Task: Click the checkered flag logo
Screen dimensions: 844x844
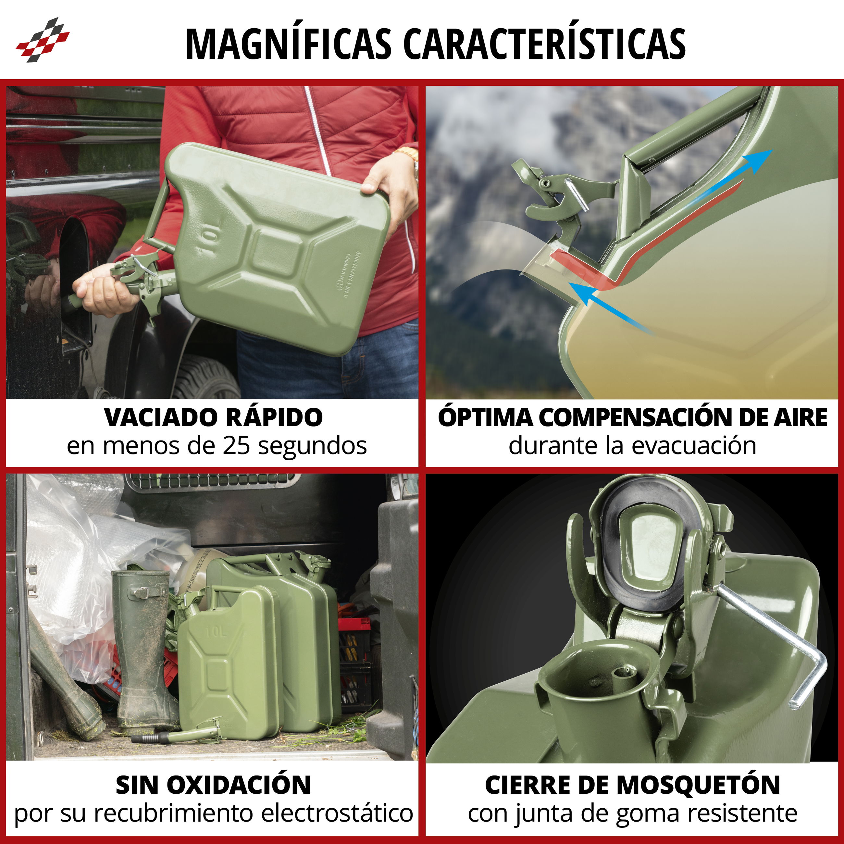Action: (x=43, y=40)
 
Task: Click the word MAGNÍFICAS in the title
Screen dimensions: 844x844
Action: (x=288, y=44)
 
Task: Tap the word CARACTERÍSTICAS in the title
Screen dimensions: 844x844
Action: (x=544, y=44)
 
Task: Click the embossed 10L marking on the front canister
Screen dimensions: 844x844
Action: (x=217, y=632)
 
